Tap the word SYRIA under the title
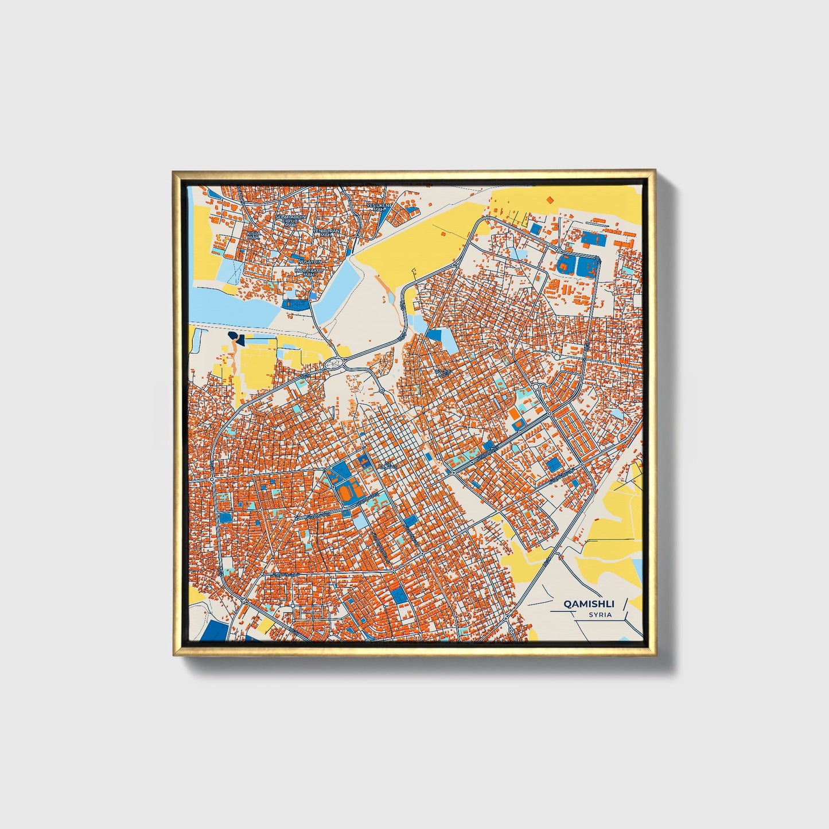point(600,615)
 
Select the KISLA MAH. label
point(253,236)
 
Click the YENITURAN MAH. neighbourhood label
point(326,232)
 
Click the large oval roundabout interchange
point(334,363)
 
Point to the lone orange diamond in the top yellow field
point(550,199)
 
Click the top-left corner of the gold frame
point(174,171)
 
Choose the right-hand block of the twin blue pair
point(586,265)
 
